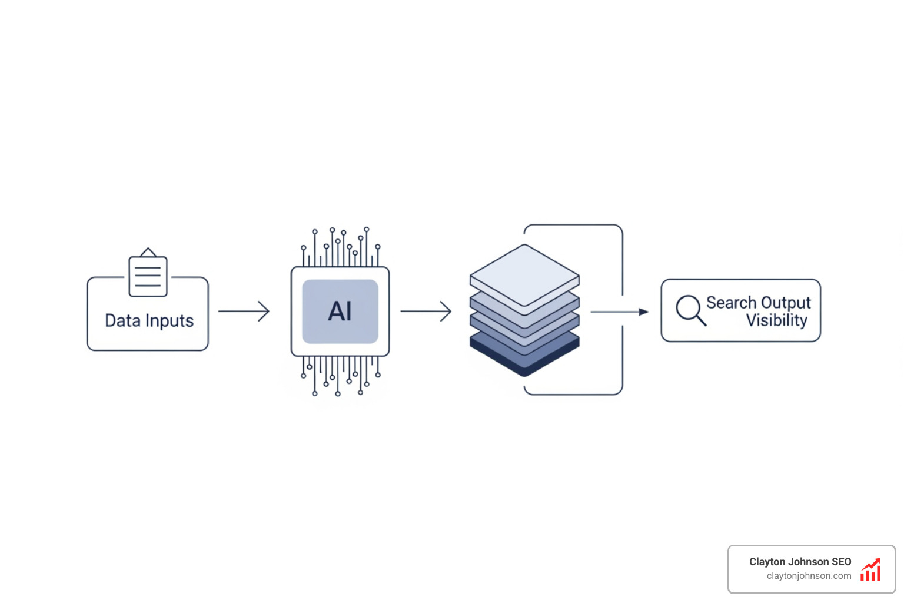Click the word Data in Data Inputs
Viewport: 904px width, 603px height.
[x=122, y=321]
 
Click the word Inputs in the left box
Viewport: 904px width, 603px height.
[x=169, y=322]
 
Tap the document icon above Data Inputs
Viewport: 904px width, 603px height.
[x=148, y=276]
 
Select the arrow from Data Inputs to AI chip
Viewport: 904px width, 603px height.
[x=244, y=311]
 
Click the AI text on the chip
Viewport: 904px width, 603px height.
[x=340, y=311]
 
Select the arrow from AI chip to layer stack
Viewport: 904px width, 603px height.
[x=426, y=311]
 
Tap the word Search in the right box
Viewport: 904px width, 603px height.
[x=731, y=303]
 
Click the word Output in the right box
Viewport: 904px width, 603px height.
[x=785, y=303]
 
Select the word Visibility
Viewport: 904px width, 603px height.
[x=776, y=320]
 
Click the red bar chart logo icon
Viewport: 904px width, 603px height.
[x=870, y=569]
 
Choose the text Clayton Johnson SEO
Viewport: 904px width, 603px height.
[x=800, y=562]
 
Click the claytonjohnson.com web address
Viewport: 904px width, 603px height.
[x=809, y=576]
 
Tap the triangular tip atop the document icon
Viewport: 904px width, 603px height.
[x=148, y=252]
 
